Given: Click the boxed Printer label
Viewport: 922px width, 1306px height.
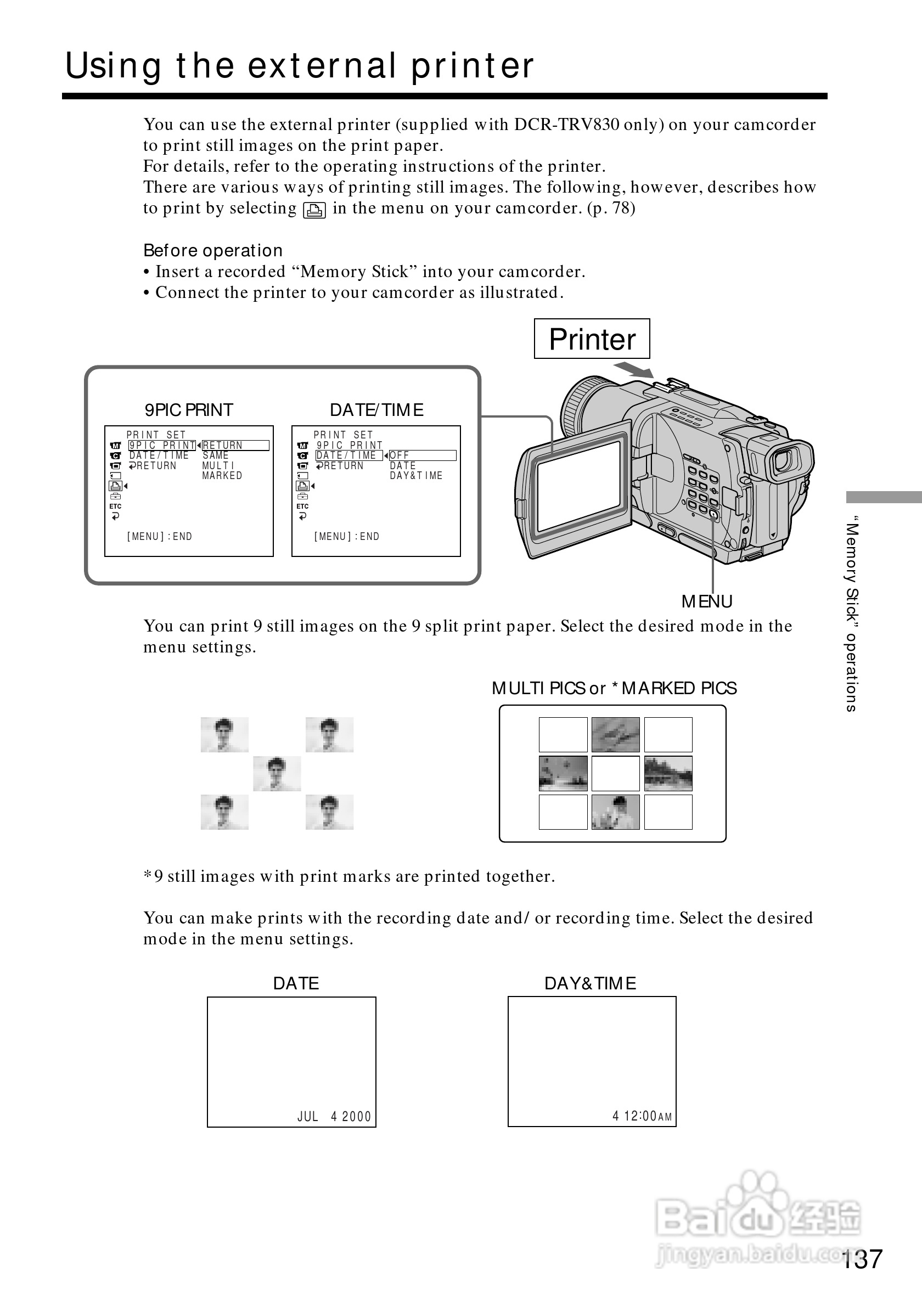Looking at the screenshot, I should coord(592,339).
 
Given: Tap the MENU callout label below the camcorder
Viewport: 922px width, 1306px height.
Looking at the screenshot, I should coord(706,601).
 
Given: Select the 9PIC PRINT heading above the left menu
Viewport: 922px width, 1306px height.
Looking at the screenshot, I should coord(189,409).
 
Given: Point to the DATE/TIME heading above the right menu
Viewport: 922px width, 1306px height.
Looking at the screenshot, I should coord(376,409).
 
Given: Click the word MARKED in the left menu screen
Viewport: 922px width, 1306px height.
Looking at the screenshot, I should coord(222,476).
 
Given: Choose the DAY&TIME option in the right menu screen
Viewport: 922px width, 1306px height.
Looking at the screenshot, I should coord(416,476).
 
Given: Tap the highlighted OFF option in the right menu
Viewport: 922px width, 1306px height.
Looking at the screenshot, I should coord(400,455).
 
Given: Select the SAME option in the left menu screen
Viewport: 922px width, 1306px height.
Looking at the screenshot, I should coord(216,455).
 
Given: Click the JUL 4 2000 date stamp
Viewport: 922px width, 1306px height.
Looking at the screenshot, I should coord(334,1117).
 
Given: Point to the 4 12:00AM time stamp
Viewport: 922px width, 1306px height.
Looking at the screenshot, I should coord(642,1116).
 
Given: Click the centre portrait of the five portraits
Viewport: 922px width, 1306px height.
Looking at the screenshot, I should coord(277,774).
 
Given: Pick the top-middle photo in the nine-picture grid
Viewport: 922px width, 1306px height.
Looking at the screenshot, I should coord(615,734).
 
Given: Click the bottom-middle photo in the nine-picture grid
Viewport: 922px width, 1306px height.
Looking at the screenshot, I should coord(615,812).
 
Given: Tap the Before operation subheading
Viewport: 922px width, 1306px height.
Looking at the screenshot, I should coord(213,251).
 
